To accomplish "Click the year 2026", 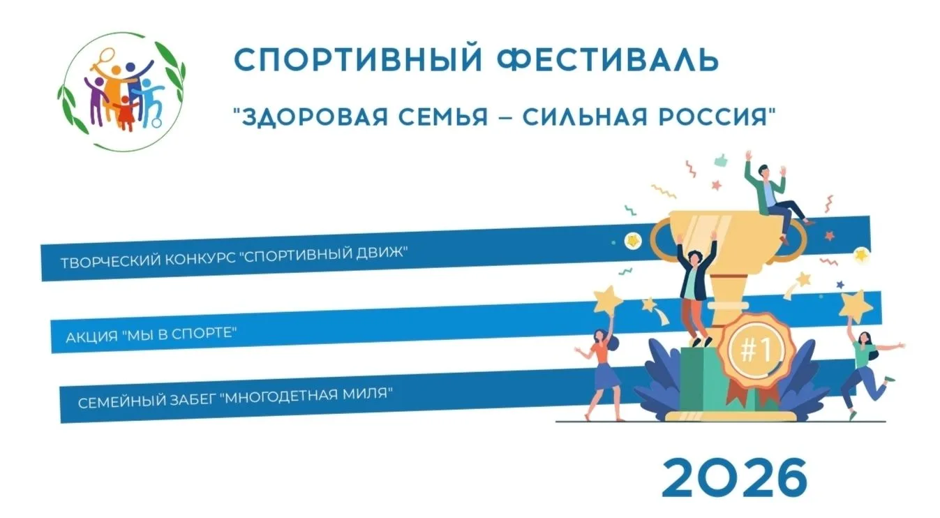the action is pyautogui.click(x=734, y=478).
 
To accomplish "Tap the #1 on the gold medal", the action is pyautogui.click(x=755, y=349).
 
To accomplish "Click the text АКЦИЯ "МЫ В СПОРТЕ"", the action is pyautogui.click(x=151, y=334).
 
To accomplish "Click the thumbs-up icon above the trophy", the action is pyautogui.click(x=721, y=160).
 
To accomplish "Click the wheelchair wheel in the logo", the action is pyautogui.click(x=156, y=123).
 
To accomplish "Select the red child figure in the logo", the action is pyautogui.click(x=126, y=113).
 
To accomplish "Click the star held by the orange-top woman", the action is pyautogui.click(x=607, y=299).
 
